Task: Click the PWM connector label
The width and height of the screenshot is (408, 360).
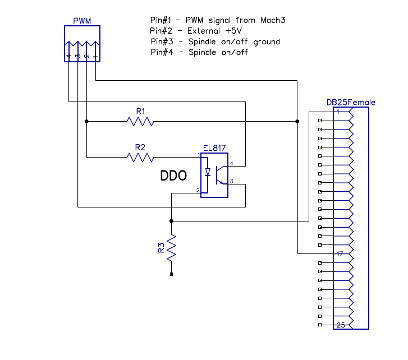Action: click(x=82, y=21)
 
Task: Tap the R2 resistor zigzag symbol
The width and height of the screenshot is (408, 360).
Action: click(x=140, y=158)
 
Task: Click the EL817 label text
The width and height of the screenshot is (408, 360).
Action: click(x=214, y=148)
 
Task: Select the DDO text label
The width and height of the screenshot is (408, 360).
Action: click(x=173, y=176)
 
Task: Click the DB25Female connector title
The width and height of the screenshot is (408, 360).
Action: click(x=351, y=103)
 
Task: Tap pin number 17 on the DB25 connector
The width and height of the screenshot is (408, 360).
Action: click(x=340, y=254)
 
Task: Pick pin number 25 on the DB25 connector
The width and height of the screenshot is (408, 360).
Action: click(x=340, y=325)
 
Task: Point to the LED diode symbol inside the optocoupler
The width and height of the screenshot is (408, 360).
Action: click(x=208, y=173)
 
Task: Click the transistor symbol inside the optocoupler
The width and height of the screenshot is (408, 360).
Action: click(x=222, y=174)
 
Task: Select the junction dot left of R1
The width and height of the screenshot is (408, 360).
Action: click(x=86, y=121)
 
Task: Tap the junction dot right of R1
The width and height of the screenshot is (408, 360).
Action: click(x=297, y=121)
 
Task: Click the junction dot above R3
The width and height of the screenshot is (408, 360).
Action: click(x=171, y=221)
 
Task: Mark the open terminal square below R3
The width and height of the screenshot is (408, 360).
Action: click(x=171, y=274)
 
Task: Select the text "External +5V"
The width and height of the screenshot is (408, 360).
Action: click(x=202, y=30)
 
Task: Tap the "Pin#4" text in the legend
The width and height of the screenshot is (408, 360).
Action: click(x=162, y=53)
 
